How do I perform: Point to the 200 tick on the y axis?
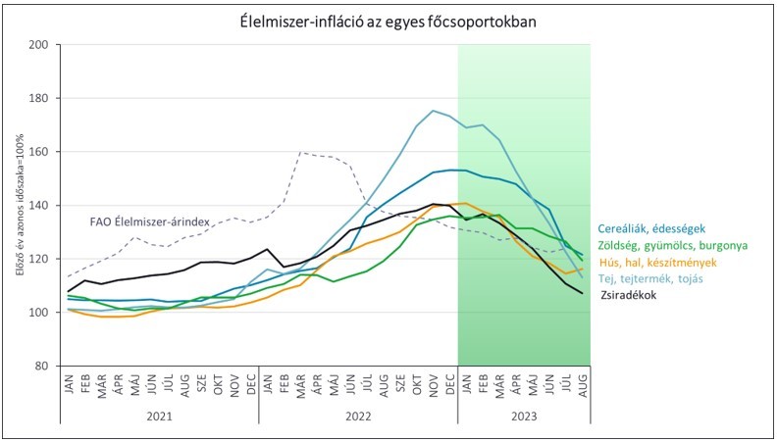[x=38, y=45]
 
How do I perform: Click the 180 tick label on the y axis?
[x=38, y=99]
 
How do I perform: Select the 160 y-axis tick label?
[x=38, y=152]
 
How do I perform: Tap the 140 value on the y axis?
[x=38, y=206]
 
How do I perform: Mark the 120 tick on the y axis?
[x=38, y=260]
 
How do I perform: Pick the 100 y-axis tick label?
[x=38, y=313]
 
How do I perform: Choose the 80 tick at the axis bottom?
[x=41, y=367]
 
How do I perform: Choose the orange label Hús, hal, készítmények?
[x=663, y=263]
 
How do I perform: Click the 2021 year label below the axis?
[x=159, y=415]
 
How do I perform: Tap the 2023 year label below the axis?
[x=523, y=415]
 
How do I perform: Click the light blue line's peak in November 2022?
[x=433, y=111]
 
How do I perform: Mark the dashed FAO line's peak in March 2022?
[x=300, y=152]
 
